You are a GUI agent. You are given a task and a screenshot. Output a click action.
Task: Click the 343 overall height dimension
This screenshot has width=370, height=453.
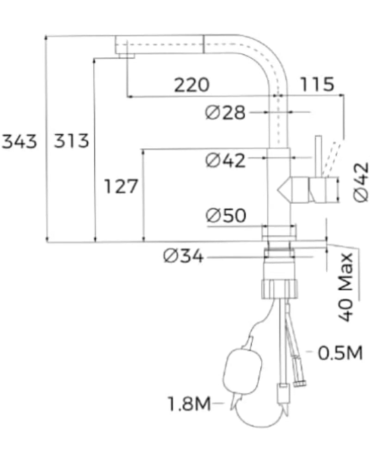19,141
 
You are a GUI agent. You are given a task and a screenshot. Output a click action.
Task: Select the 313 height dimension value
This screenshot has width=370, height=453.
72,141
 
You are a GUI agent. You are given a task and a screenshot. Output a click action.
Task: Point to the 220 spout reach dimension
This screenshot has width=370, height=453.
192,85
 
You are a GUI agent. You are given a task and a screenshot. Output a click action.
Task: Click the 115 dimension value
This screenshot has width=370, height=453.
317,84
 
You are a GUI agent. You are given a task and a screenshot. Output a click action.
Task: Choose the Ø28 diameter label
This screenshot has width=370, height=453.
225,113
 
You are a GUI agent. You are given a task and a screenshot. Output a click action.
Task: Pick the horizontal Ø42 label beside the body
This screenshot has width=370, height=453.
225,160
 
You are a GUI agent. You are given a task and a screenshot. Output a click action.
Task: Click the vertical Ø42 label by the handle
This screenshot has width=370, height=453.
361,182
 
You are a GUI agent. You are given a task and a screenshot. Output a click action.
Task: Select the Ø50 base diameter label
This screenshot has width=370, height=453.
226,215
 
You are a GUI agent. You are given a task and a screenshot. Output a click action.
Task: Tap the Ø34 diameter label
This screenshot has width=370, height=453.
184,256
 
